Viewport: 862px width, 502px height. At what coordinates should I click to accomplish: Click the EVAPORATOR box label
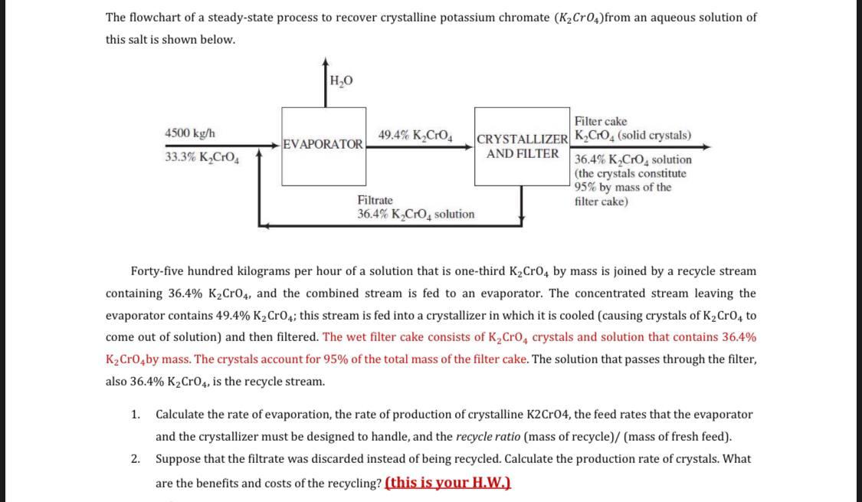323,144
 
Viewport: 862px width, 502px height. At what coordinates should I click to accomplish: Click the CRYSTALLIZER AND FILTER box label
523,146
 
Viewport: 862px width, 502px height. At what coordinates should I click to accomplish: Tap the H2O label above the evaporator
341,80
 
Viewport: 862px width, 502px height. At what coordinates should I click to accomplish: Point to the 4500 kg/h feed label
190,133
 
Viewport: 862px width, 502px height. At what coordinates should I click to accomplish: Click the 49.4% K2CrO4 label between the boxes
415,136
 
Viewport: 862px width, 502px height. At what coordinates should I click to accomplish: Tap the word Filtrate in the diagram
375,200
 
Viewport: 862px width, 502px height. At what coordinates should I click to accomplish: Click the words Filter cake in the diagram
601,121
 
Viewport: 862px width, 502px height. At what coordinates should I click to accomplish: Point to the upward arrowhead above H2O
326,62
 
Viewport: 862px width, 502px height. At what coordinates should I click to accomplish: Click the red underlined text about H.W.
447,483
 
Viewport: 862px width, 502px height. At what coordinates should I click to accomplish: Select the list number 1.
135,415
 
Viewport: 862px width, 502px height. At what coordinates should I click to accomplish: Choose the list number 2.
135,459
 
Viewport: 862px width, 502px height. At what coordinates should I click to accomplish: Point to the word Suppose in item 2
177,459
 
